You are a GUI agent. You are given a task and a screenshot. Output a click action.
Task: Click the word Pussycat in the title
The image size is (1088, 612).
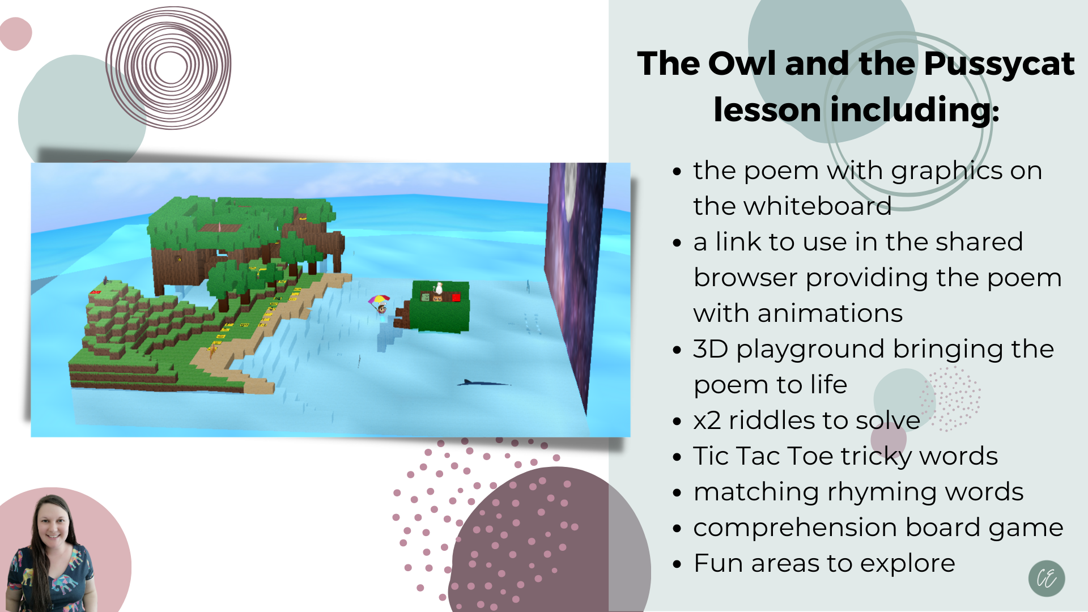[998, 64]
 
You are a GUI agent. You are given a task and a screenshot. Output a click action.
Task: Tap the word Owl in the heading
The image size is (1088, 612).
[742, 63]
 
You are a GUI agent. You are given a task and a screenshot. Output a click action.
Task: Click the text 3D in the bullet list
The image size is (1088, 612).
[711, 349]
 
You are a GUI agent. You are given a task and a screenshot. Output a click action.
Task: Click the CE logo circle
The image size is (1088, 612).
[1047, 579]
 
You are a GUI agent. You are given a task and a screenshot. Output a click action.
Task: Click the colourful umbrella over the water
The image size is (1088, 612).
[379, 299]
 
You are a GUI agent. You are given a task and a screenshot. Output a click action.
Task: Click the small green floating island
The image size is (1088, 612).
[440, 307]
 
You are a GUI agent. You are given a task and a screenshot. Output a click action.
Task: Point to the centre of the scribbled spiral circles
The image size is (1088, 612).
[169, 67]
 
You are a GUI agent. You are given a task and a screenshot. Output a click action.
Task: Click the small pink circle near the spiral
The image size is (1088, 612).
[16, 34]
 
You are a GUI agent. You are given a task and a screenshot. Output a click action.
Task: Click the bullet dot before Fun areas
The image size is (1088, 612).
[677, 565]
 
